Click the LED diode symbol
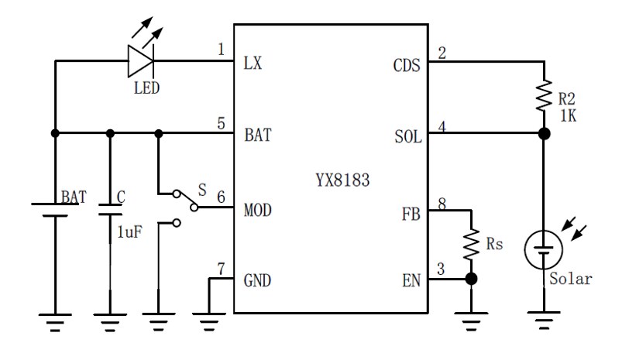click(x=141, y=61)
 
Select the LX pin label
click(x=253, y=63)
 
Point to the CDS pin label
click(x=407, y=65)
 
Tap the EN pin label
click(x=411, y=279)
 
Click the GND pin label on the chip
click(x=257, y=280)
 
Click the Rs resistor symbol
click(x=470, y=244)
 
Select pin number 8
click(x=442, y=203)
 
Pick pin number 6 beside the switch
click(x=221, y=198)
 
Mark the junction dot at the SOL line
click(x=545, y=133)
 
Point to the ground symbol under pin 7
click(x=208, y=317)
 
